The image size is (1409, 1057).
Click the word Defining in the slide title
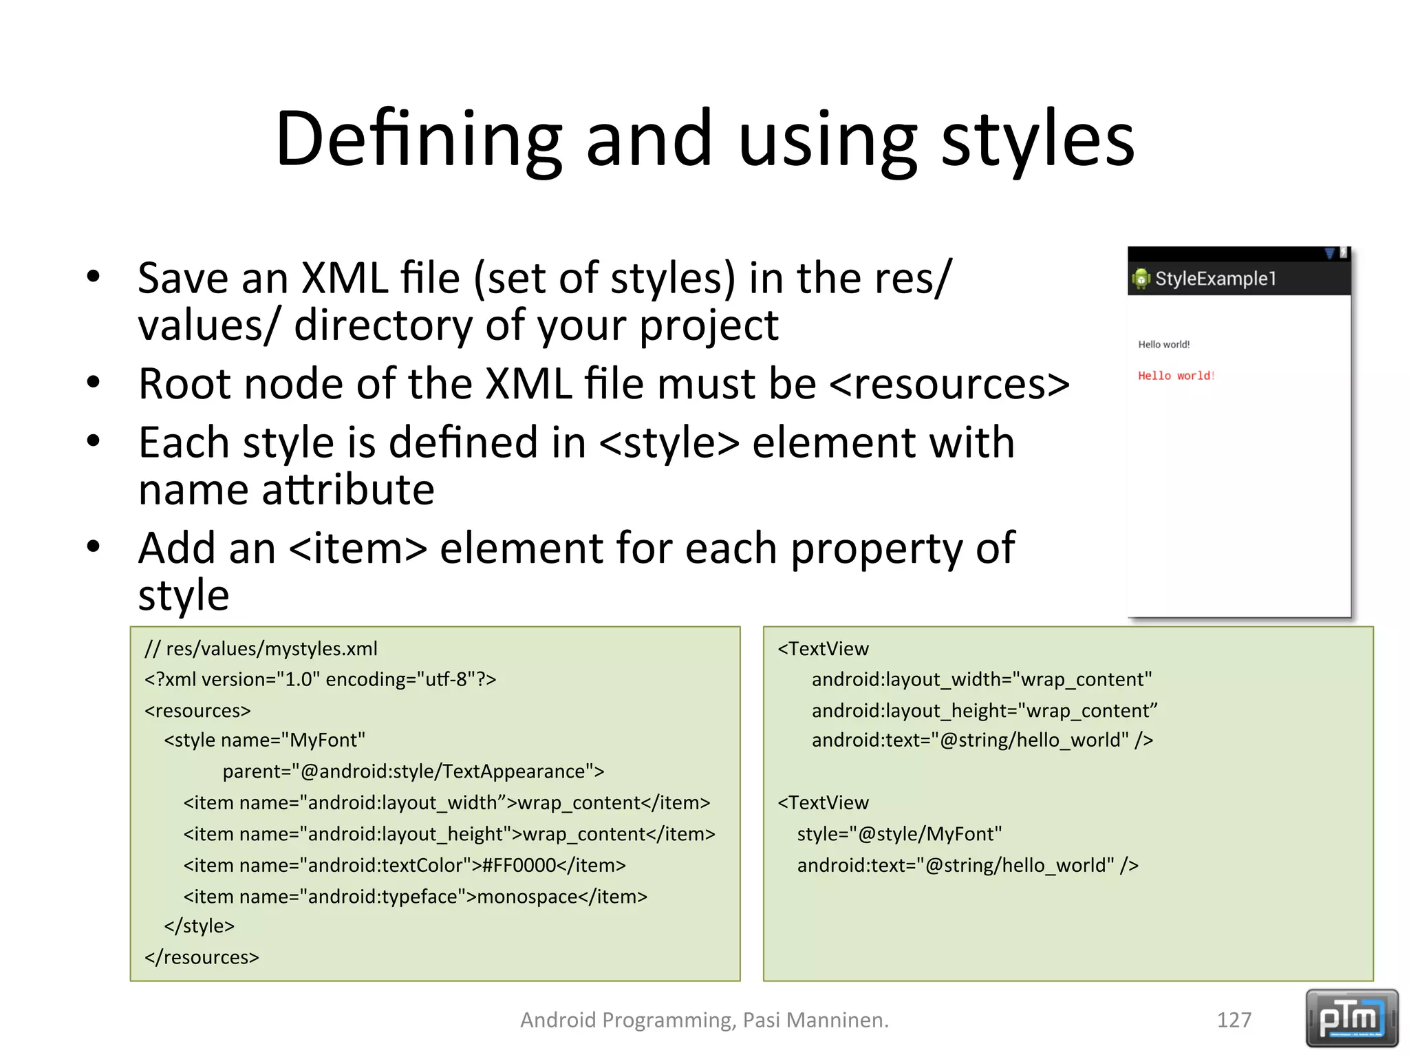[x=418, y=140]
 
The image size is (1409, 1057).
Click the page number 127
[x=1234, y=1020]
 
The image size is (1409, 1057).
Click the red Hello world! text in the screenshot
[x=1176, y=376]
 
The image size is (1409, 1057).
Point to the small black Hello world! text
[x=1163, y=344]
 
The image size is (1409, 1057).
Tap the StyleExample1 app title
[x=1215, y=279]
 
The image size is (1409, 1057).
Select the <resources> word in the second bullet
[x=949, y=384]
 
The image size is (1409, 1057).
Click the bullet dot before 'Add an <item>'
[x=94, y=547]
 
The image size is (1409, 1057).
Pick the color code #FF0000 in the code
[x=519, y=865]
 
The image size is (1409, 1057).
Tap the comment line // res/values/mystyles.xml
[x=261, y=649]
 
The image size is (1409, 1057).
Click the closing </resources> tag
[x=202, y=957]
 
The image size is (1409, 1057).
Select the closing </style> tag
[x=199, y=926]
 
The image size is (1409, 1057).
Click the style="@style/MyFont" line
[x=899, y=834]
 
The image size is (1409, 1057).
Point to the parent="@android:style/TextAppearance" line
[x=413, y=771]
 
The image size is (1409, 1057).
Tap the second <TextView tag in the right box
[x=824, y=803]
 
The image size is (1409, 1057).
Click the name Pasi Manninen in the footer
[x=815, y=1020]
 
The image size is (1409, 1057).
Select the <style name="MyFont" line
[x=264, y=740]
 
